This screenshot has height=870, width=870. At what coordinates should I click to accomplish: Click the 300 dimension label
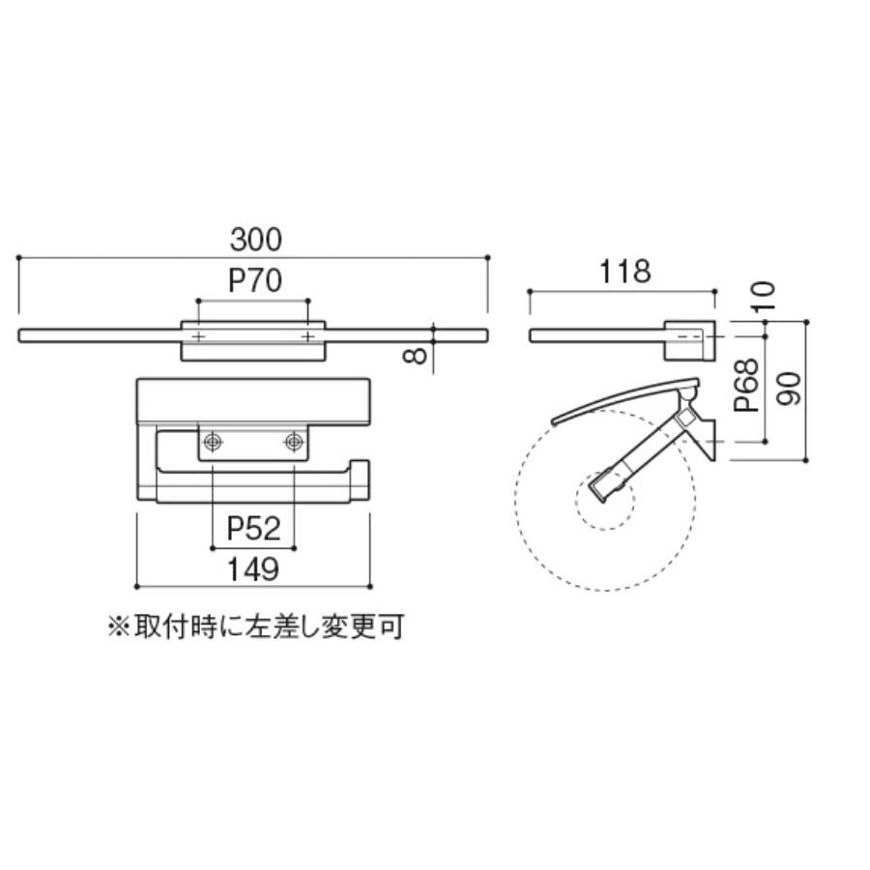pos(256,240)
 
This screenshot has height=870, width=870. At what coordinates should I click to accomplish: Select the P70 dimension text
pos(255,280)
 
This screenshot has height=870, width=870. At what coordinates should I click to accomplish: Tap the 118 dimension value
pos(624,272)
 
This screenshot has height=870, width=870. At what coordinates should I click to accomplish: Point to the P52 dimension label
pos(253,529)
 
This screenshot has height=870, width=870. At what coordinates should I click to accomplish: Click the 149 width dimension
pos(253,569)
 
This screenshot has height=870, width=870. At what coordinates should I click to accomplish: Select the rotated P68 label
pos(746,385)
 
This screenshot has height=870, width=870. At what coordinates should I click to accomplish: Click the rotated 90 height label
pos(788,389)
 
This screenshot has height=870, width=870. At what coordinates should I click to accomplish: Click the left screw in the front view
pos(213,442)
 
